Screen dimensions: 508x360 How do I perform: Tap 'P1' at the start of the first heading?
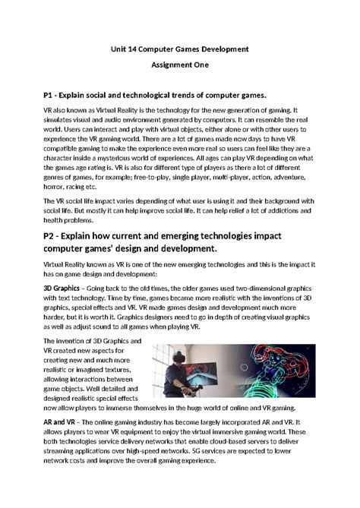pyautogui.click(x=51, y=96)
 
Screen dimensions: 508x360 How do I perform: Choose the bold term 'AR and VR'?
pyautogui.click(x=64, y=420)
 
